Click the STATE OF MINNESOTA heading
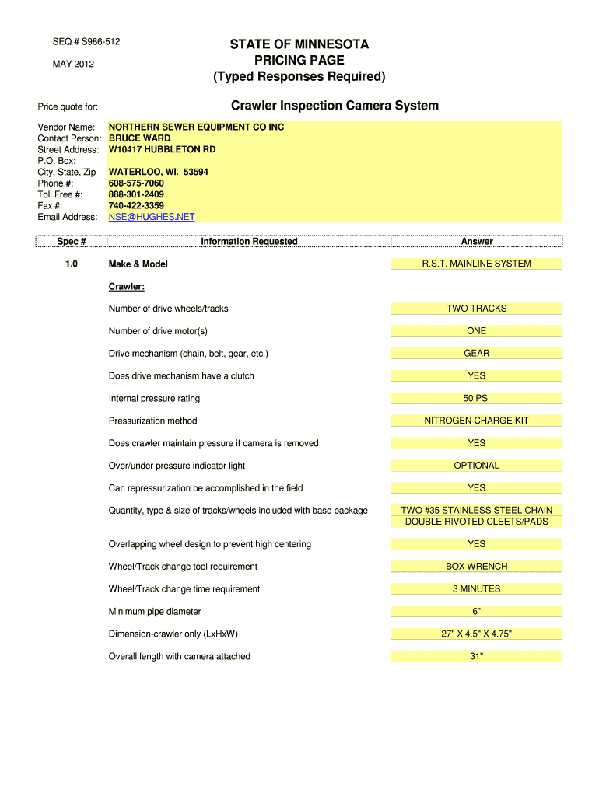299,44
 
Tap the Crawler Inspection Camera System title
335,105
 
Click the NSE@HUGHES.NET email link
152,217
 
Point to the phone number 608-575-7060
136,183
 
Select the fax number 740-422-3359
136,206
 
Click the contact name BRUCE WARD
139,138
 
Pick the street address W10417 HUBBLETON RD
162,149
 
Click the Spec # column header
72,242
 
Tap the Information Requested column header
249,242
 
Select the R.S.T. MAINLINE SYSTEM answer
476,264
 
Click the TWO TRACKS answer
476,309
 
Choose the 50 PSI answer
476,398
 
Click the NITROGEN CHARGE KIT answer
476,421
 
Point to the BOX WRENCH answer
476,567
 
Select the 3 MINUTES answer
476,589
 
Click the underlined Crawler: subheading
127,287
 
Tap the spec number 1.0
72,264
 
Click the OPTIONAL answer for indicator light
476,466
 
